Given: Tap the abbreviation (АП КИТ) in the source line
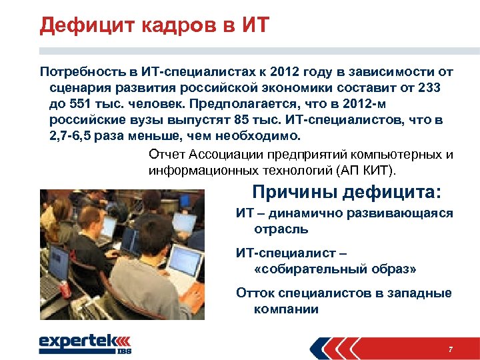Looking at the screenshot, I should [368, 171].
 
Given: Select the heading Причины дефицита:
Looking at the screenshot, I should [347, 193].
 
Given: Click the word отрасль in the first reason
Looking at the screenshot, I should [281, 229].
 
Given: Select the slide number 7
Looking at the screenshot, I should [451, 350].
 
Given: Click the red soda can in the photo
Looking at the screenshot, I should [65, 289].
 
